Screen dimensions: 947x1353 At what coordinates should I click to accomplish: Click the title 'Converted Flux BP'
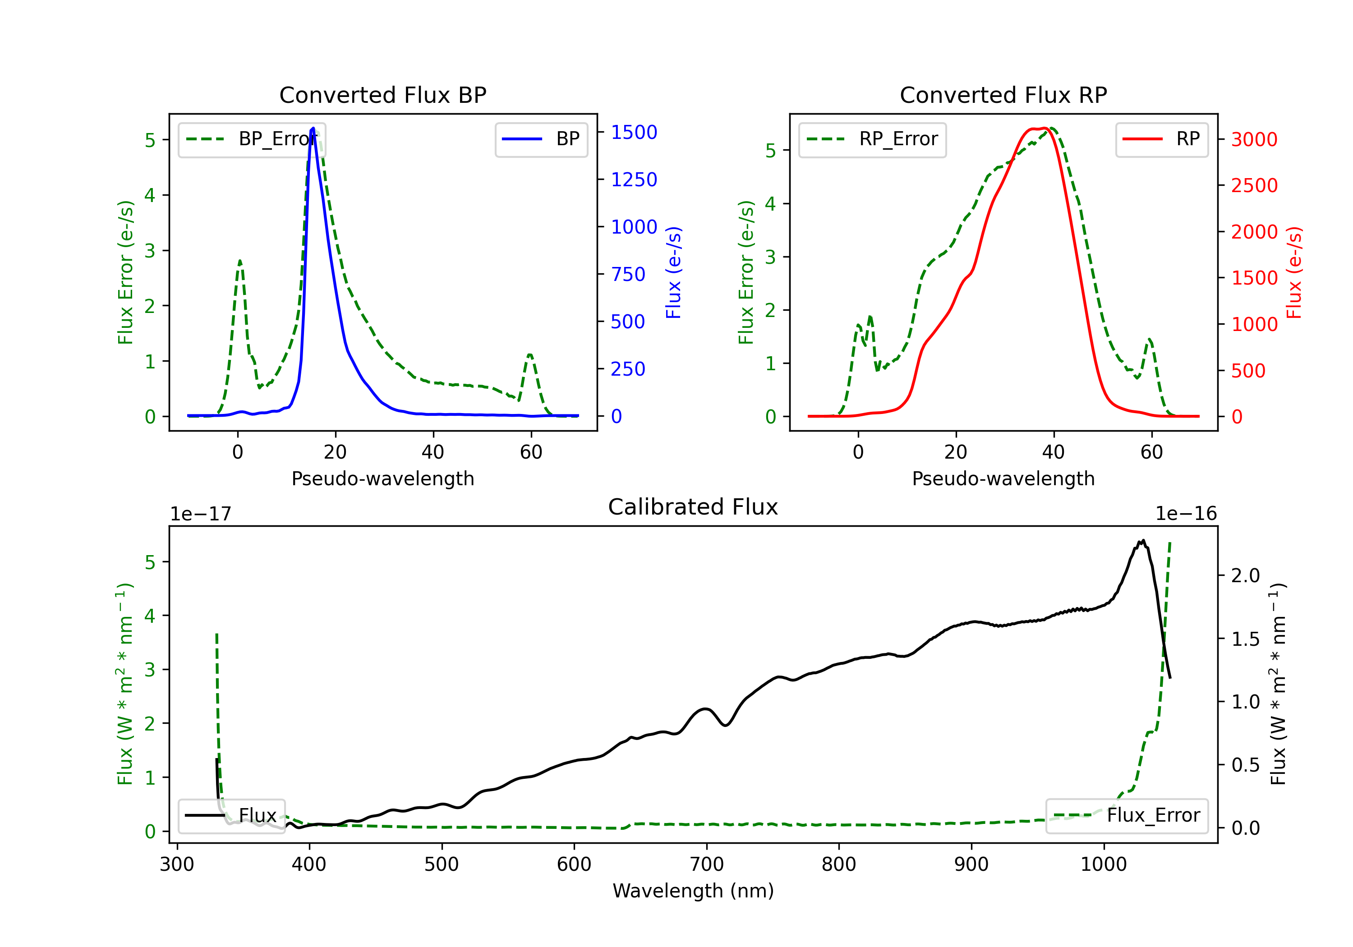click(x=382, y=95)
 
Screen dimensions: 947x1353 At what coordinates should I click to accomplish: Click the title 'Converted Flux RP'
click(x=1003, y=95)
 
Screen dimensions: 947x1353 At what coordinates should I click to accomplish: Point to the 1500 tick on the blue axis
click(x=634, y=132)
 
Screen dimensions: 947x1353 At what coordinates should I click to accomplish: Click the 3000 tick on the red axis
click(x=1254, y=140)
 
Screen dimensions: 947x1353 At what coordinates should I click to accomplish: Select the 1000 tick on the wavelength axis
click(x=1103, y=864)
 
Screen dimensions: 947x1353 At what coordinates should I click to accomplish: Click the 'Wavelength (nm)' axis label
click(x=693, y=891)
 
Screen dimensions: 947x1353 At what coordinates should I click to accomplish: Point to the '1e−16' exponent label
click(x=1186, y=514)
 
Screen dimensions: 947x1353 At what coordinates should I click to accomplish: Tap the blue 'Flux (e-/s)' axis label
click(x=673, y=272)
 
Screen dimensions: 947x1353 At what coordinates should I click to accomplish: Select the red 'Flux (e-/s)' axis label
click(x=1294, y=272)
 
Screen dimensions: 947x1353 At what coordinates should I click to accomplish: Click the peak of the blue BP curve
click(x=313, y=128)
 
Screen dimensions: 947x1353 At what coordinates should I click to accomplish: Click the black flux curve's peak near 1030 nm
click(x=1143, y=541)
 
